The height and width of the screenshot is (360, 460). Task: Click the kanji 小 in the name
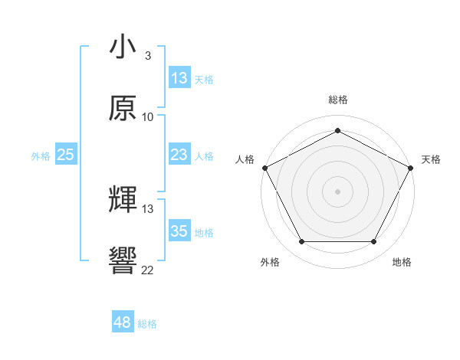pos(123,47)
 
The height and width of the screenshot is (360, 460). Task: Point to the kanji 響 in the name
pos(123,260)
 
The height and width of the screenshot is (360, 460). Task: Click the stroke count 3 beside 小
pos(147,56)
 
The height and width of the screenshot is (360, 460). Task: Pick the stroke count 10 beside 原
pos(148,116)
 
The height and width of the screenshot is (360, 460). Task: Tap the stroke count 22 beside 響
pos(148,269)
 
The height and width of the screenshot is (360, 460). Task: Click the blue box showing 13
pos(179,78)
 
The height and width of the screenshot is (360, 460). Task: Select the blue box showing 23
pos(179,155)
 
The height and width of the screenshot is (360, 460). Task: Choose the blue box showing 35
pos(179,231)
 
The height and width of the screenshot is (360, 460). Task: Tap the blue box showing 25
pos(66,155)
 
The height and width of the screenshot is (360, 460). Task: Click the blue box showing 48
pos(123,322)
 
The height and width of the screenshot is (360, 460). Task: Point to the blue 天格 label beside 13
pos(204,79)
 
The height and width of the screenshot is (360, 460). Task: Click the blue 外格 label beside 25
pos(41,155)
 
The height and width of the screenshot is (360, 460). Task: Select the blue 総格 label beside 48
pos(147,323)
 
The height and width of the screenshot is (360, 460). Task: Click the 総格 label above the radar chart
pos(337,100)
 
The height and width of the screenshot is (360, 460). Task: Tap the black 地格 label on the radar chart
pos(402,262)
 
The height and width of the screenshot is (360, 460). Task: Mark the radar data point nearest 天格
pos(412,167)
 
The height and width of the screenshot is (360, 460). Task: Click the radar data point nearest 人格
pos(264,167)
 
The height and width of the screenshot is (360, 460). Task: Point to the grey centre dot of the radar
pos(337,191)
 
